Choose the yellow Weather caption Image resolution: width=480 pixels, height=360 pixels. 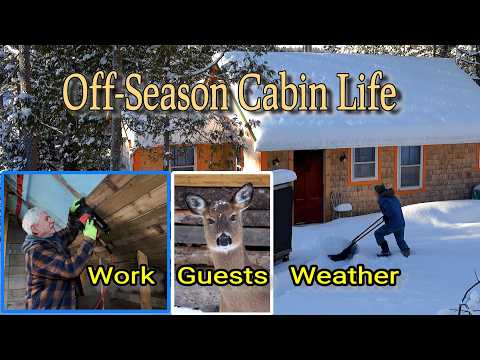[x=344, y=275]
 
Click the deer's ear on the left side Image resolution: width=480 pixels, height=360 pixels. [x=195, y=203]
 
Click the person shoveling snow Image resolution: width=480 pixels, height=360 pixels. [x=390, y=218]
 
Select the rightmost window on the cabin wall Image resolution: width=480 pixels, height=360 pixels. [x=410, y=166]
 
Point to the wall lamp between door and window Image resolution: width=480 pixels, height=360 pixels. [x=342, y=157]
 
